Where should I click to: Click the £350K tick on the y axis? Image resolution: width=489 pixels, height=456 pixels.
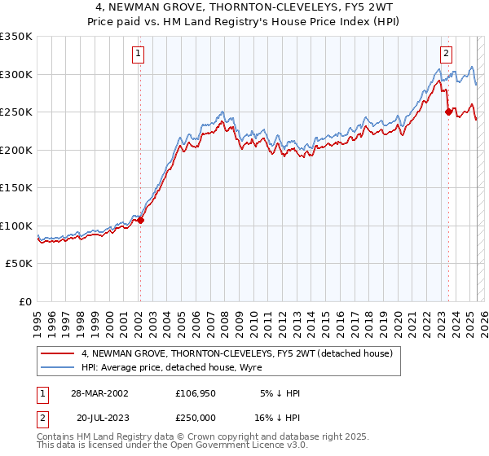coord(16,37)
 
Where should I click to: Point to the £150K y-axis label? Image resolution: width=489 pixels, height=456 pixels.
coord(16,188)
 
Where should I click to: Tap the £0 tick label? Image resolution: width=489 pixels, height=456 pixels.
coord(24,302)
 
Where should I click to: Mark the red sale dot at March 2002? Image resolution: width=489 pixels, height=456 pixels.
coord(140,220)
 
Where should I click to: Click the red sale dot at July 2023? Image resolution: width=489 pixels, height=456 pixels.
coord(448,112)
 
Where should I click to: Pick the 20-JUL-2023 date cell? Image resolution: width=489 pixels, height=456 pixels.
coord(103,416)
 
